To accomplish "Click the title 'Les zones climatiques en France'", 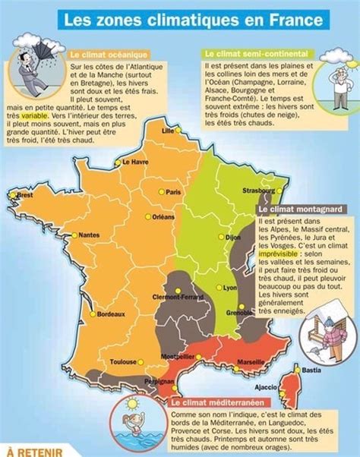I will tap(180, 16).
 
